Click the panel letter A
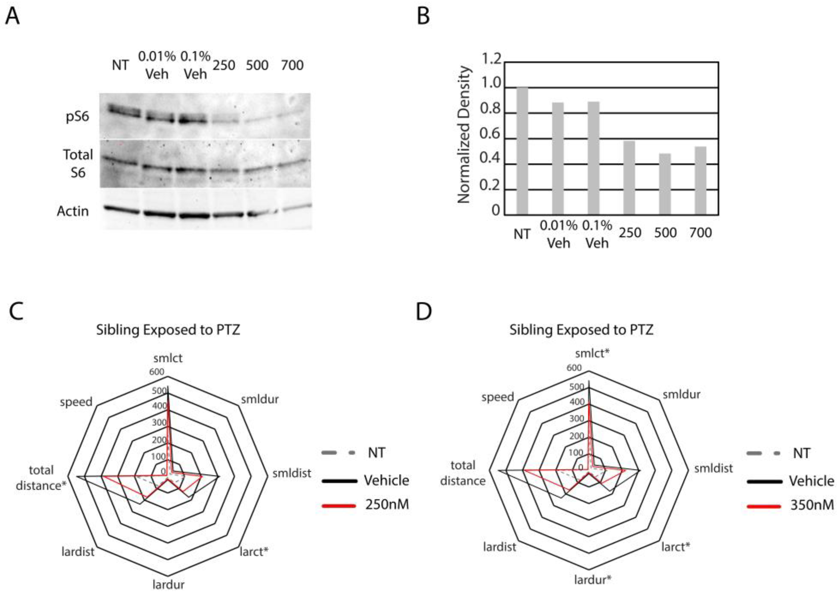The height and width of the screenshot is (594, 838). pos(13,17)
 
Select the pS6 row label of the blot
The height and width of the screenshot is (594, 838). pos(77,117)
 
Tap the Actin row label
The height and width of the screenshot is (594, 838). pos(73,211)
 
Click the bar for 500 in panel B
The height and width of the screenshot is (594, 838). pos(665,184)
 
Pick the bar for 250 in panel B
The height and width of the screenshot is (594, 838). pos(629,178)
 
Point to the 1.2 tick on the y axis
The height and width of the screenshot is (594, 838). pos(491,60)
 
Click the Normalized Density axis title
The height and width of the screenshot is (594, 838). pos(464,135)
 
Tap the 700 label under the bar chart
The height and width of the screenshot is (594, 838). pos(700,233)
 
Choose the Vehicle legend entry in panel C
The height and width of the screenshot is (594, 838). pos(386,480)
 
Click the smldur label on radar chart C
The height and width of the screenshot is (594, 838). pos(260,399)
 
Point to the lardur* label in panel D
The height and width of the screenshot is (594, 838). pos(592,580)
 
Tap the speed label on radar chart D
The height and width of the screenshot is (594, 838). pos(498,397)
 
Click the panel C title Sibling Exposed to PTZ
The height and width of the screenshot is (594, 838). pos(168,330)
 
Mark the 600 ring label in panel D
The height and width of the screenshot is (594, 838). pos(574,367)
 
